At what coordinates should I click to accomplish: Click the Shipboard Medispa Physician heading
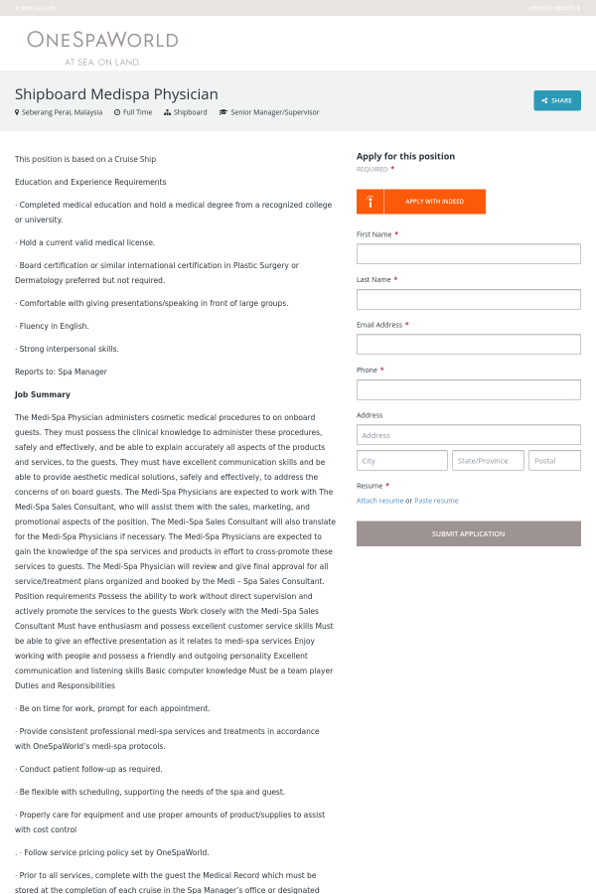(116, 94)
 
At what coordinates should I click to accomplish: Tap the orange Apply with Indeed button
(421, 202)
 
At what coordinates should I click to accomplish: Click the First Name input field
(468, 254)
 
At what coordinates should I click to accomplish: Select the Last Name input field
(468, 299)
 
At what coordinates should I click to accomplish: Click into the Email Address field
(468, 345)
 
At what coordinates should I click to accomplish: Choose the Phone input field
(468, 389)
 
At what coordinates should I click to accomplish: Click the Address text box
(468, 435)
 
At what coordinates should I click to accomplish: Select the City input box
(402, 461)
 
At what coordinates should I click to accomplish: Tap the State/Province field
(488, 461)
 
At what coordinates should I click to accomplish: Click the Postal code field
(555, 461)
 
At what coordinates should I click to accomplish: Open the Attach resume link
(379, 501)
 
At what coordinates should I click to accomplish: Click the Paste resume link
(436, 501)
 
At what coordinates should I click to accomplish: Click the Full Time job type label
(137, 113)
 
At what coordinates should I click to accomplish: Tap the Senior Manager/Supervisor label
(274, 113)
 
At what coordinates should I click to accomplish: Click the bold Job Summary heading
(43, 394)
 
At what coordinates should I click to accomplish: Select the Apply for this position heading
(405, 156)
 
